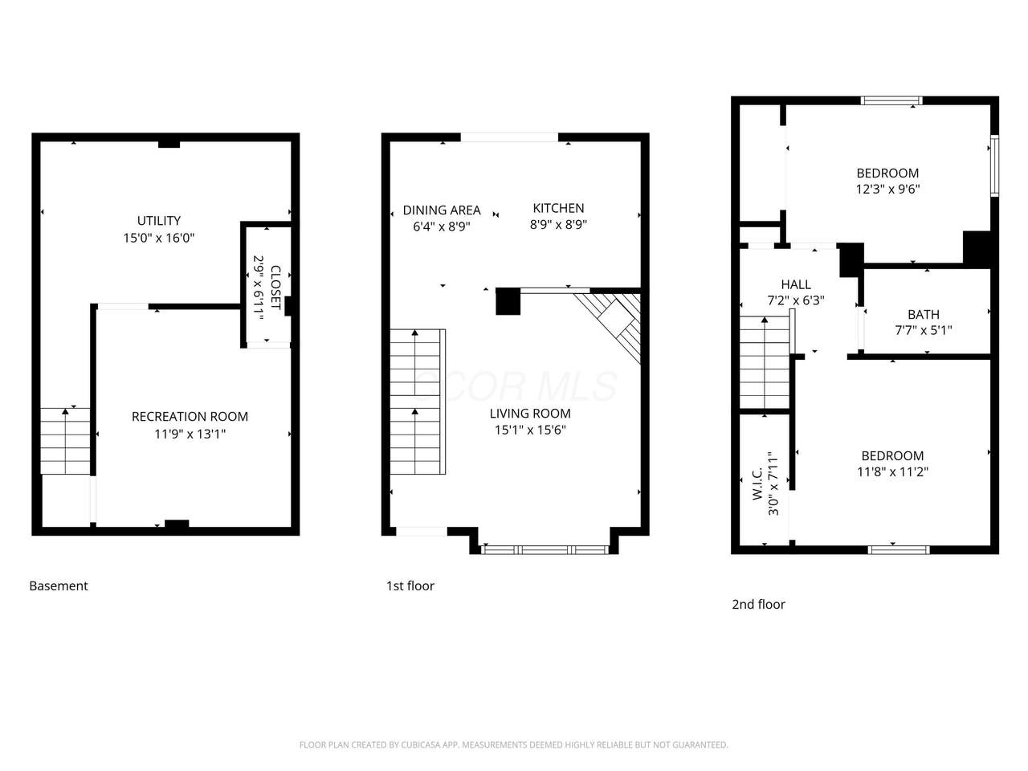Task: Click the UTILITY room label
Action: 159,221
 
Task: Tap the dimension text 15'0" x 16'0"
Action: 159,238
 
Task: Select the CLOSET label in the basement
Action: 275,288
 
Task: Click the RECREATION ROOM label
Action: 190,417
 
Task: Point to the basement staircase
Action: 65,441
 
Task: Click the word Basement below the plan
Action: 59,585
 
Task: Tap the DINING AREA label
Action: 442,210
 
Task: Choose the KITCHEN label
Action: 558,208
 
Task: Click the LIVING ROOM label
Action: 530,414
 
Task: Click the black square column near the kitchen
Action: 508,301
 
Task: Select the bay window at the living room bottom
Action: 545,550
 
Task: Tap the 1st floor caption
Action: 410,585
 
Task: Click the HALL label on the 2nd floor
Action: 796,284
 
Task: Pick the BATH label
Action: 924,314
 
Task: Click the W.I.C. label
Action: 757,483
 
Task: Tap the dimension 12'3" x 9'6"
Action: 887,189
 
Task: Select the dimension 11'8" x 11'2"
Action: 892,471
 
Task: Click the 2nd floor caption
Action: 758,604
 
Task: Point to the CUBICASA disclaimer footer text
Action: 514,744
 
